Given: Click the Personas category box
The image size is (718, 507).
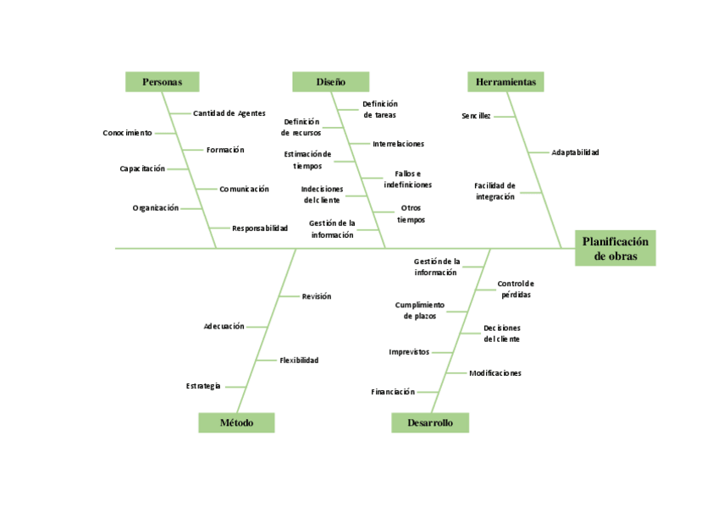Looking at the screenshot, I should point(163,81).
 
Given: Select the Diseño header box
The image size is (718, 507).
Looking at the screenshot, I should point(331,81).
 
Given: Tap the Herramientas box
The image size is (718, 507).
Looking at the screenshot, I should point(505,81).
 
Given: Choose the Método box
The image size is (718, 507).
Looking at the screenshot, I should point(236,422).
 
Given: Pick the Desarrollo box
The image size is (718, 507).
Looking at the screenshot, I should point(430,422).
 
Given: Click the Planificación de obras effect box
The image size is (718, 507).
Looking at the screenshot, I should point(616,248).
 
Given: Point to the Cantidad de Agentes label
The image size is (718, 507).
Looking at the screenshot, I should point(229,113).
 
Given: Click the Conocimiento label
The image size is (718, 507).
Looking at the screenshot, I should point(128,133).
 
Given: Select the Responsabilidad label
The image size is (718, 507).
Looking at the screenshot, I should point(260,228).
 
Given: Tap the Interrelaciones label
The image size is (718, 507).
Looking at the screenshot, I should point(399,144).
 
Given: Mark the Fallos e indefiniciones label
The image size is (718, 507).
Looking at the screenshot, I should point(402,179).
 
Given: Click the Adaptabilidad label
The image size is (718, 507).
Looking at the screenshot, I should point(575,152).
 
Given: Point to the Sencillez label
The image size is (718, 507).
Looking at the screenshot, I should point(476,116).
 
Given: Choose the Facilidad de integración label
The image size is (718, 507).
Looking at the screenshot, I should point(494,190).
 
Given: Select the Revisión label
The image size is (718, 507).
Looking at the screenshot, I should point(317,296).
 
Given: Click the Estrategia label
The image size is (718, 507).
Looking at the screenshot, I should point(203,386).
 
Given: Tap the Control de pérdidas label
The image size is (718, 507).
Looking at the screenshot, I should point(516,289).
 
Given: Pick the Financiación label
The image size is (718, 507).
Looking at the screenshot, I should point(393,392).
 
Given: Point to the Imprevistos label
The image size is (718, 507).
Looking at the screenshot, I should point(409,352).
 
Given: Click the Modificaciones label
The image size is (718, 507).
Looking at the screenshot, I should point(495,372).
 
